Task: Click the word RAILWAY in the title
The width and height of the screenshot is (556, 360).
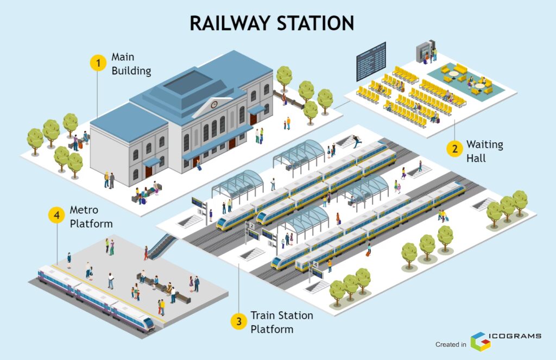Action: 230,23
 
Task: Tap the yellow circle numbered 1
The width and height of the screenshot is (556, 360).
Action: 98,64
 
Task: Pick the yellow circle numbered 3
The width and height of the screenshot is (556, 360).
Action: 238,322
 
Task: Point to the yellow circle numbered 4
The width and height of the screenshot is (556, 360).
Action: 56,216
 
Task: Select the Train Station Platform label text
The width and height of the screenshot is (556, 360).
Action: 281,322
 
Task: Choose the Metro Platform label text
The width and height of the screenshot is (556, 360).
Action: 91,216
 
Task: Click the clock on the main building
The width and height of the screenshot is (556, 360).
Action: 214,104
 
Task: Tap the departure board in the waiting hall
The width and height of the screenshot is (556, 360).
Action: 370,61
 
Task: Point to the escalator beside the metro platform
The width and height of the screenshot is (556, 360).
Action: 161,246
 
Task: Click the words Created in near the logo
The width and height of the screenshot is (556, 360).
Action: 451,344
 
